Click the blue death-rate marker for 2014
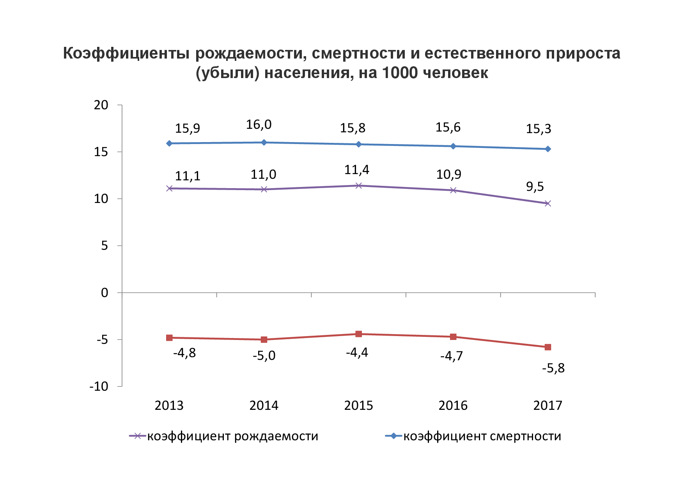(x=264, y=142)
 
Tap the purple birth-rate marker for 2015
(x=359, y=185)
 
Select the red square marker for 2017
(x=548, y=347)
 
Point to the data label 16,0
(x=259, y=125)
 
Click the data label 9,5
(x=535, y=187)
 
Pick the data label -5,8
(x=553, y=368)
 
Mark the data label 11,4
(x=356, y=170)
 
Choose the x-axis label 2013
(x=169, y=406)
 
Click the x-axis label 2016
(x=453, y=406)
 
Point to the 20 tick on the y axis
(x=101, y=105)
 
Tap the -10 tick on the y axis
(x=99, y=386)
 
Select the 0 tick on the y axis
(x=105, y=293)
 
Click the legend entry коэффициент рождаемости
(x=232, y=436)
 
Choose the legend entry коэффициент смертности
(x=482, y=436)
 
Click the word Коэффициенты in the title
(x=126, y=53)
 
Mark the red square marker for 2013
(x=169, y=338)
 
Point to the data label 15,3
(x=538, y=129)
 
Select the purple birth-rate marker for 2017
(x=548, y=203)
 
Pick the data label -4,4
(x=357, y=353)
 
